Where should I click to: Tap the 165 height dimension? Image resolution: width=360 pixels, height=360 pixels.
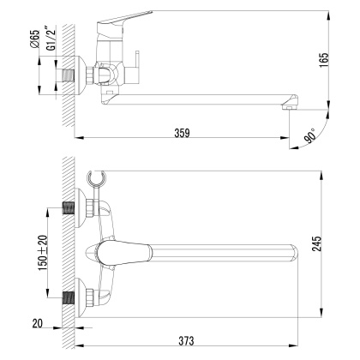click(347, 62)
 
